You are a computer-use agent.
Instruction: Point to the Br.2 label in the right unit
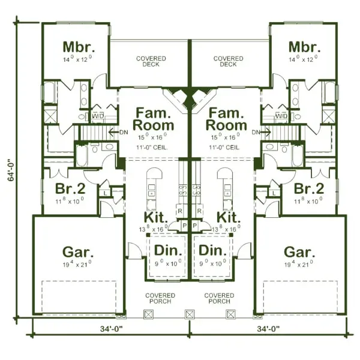pyautogui.click(x=309, y=188)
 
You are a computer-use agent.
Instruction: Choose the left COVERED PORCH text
pyautogui.click(x=160, y=298)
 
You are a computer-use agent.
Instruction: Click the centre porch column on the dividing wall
pyautogui.click(x=190, y=314)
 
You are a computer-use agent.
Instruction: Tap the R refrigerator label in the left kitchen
pyautogui.click(x=179, y=211)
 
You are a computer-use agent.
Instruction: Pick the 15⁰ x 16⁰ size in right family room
pyautogui.click(x=226, y=137)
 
